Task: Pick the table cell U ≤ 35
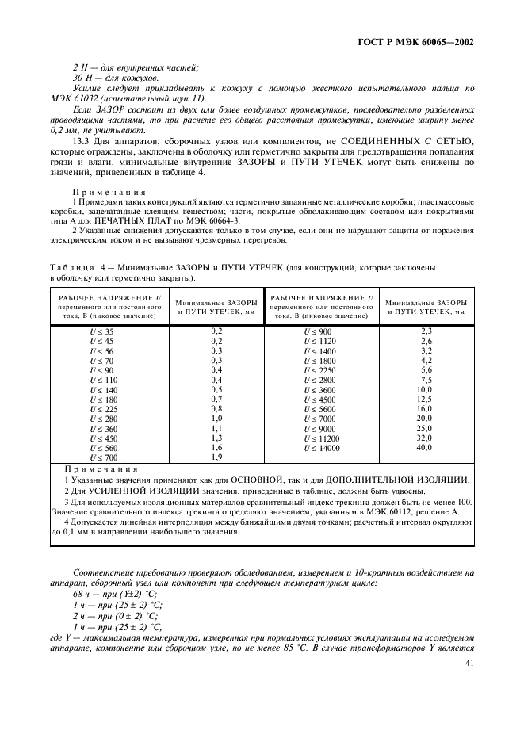[x=101, y=331]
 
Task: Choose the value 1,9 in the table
[x=216, y=457]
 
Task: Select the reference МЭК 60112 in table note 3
[x=380, y=512]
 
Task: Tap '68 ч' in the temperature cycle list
[x=81, y=593]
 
